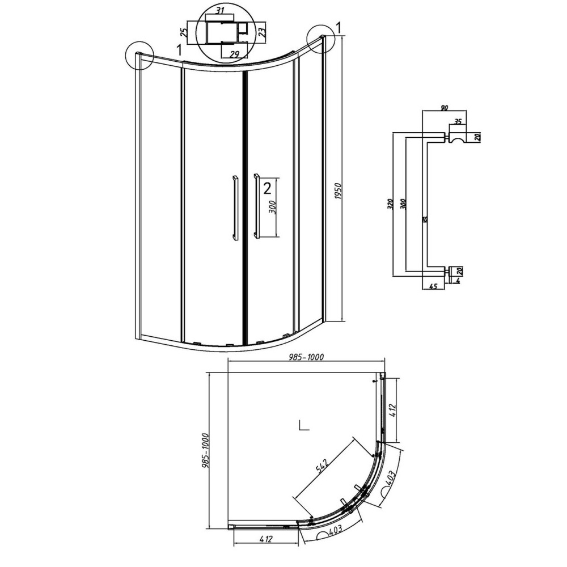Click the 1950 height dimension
pos(338,196)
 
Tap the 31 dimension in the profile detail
pos(220,10)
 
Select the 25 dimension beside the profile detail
pos(184,33)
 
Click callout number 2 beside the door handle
pos(267,188)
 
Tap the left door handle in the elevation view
pos(235,208)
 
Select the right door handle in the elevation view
pos(257,206)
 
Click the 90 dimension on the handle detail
pos(445,108)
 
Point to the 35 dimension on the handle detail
pos(458,121)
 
